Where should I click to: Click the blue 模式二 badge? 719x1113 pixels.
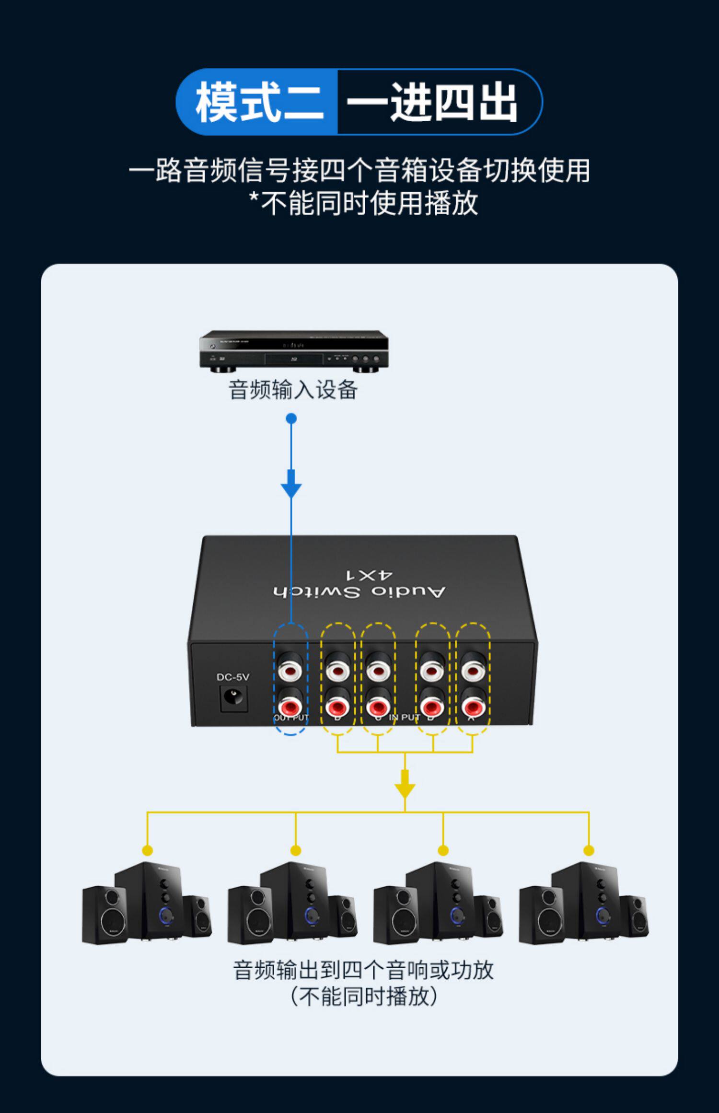[x=258, y=102]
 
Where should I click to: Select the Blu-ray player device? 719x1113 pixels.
[x=293, y=351]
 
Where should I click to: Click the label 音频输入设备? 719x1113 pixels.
[x=293, y=390]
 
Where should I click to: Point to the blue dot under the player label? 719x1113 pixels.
[x=291, y=418]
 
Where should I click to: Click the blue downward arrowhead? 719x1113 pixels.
[x=291, y=489]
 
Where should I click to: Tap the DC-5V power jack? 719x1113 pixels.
[x=234, y=698]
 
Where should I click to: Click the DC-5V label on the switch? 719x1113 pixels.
[x=233, y=677]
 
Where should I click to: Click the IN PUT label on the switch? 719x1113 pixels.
[x=404, y=717]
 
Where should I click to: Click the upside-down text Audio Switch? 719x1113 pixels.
[x=359, y=591]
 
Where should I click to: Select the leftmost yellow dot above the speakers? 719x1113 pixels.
[x=148, y=851]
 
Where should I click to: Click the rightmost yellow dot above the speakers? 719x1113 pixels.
[x=589, y=851]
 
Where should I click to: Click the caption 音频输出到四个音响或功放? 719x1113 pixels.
[x=363, y=970]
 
